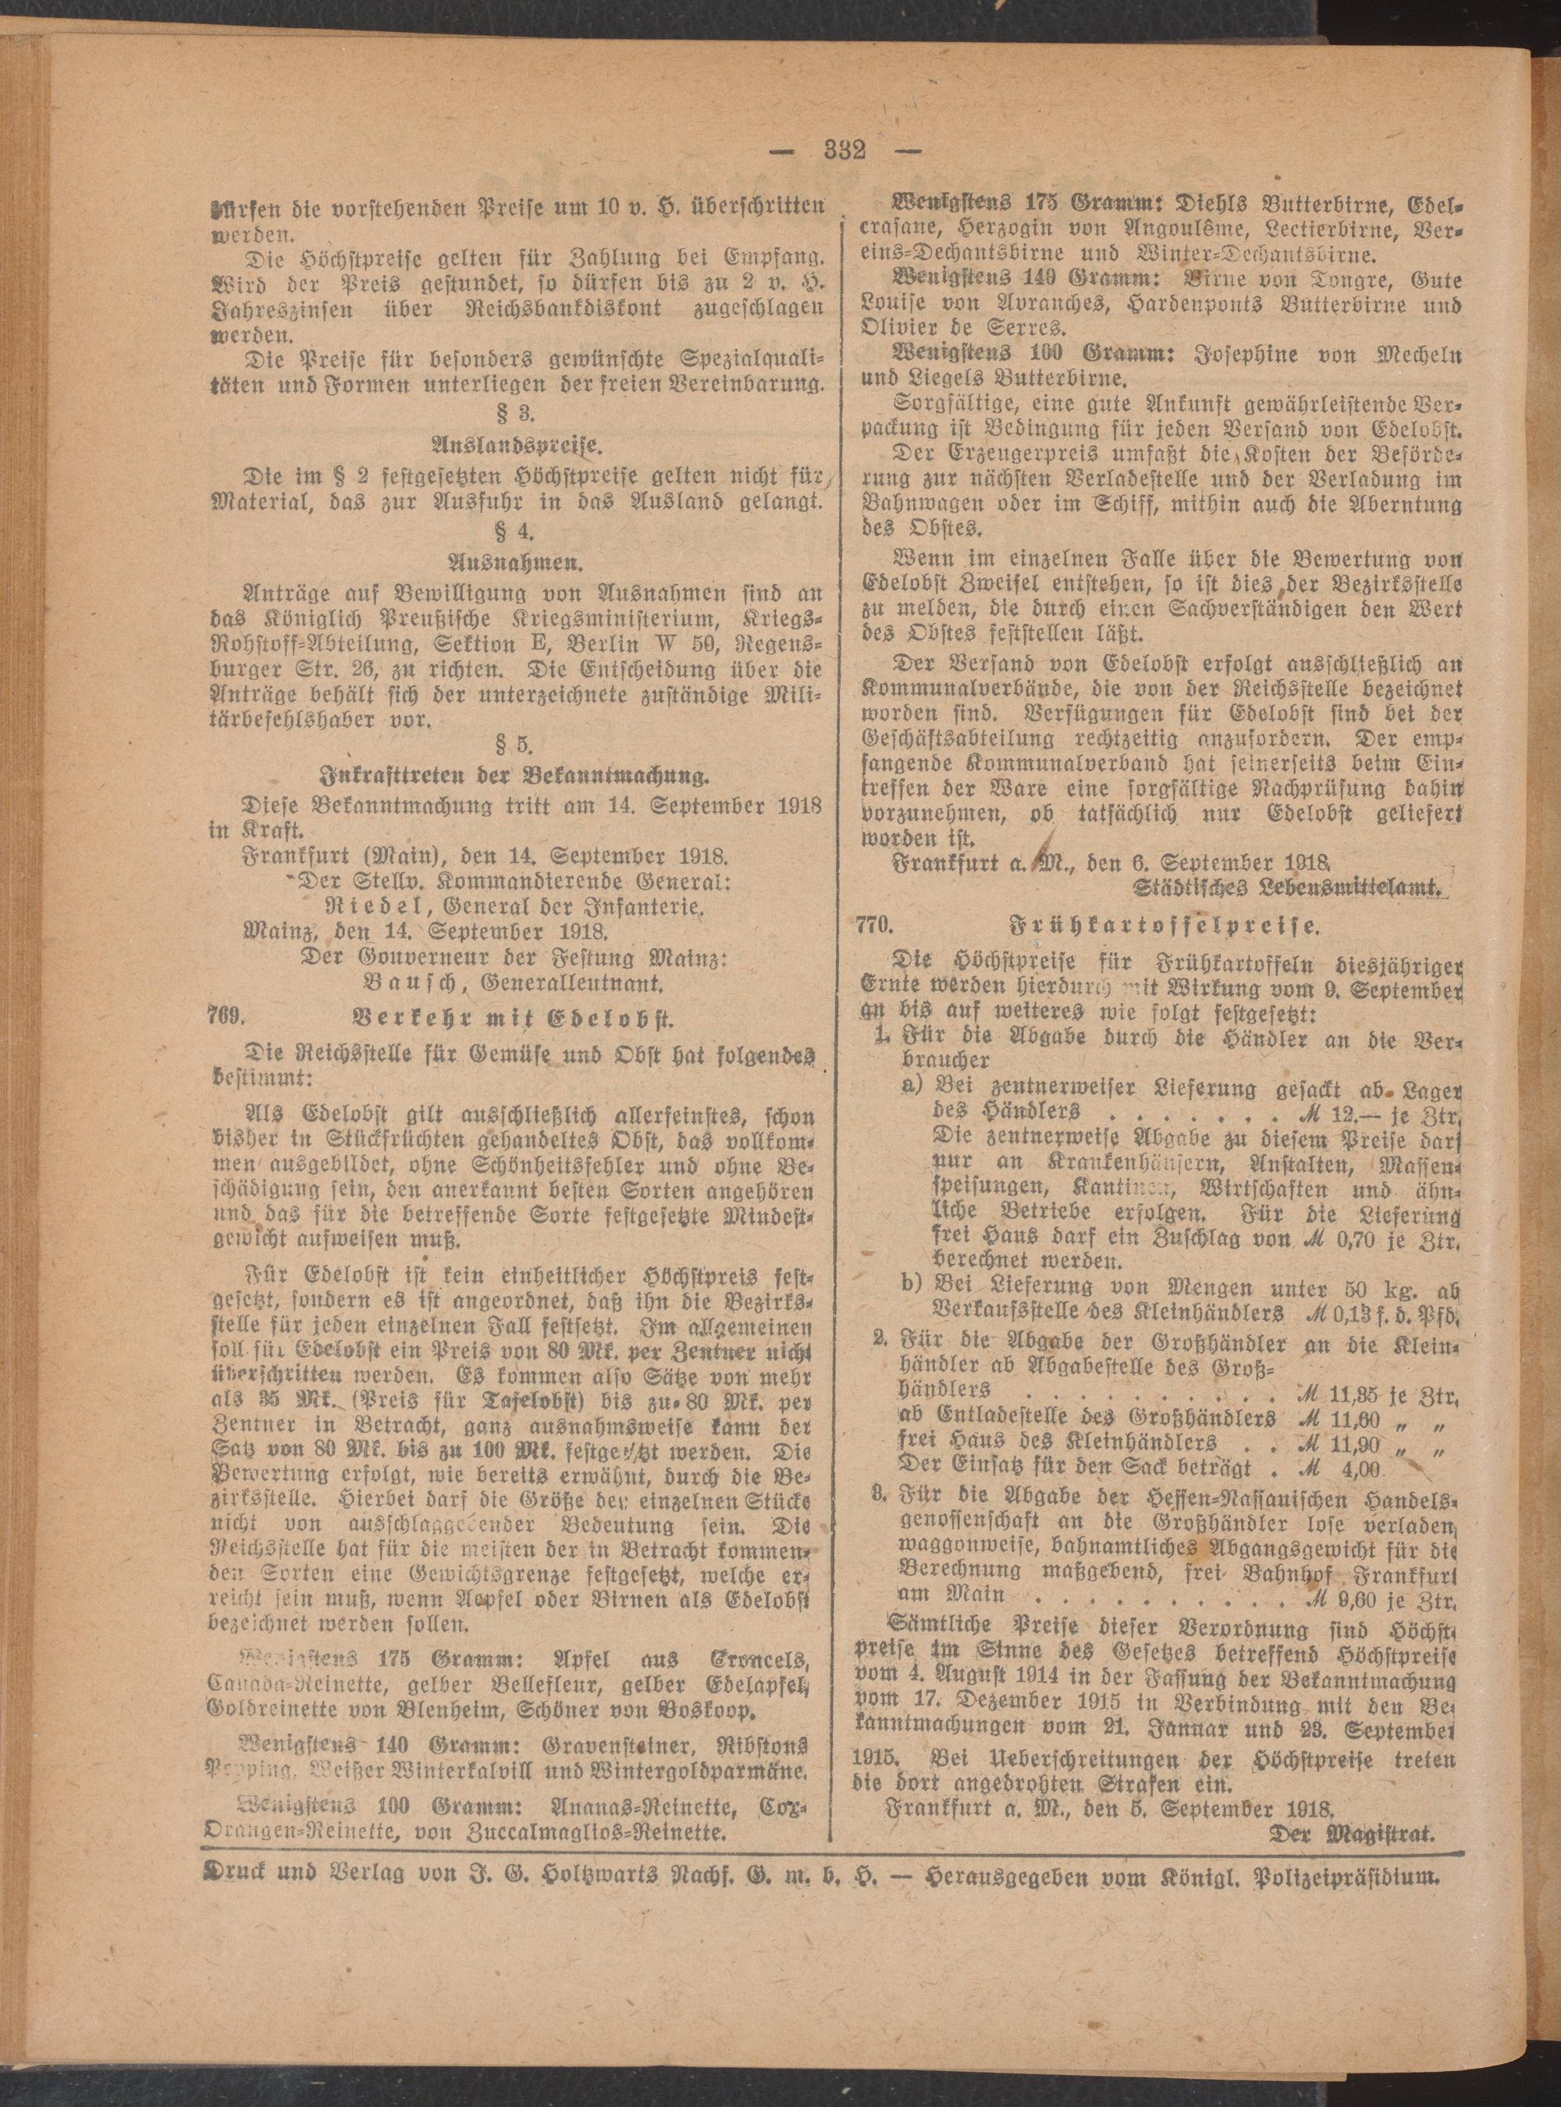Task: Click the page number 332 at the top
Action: tap(845, 151)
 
